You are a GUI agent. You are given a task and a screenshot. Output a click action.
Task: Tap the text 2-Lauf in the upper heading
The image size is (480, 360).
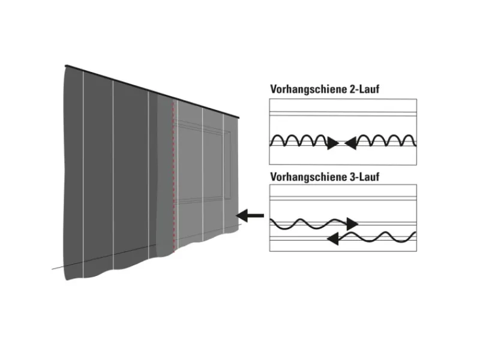click(364, 89)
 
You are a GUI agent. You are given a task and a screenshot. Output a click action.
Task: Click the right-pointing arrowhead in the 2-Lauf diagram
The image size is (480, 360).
click(333, 143)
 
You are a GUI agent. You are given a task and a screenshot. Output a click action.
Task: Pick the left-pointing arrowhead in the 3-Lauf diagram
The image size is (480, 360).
click(332, 239)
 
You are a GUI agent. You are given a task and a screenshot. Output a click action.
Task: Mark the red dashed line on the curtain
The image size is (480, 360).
click(173, 180)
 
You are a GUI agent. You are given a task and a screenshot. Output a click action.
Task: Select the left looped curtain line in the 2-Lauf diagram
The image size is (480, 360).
click(300, 140)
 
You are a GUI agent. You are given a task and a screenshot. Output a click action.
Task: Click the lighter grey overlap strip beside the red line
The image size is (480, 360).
click(165, 180)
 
